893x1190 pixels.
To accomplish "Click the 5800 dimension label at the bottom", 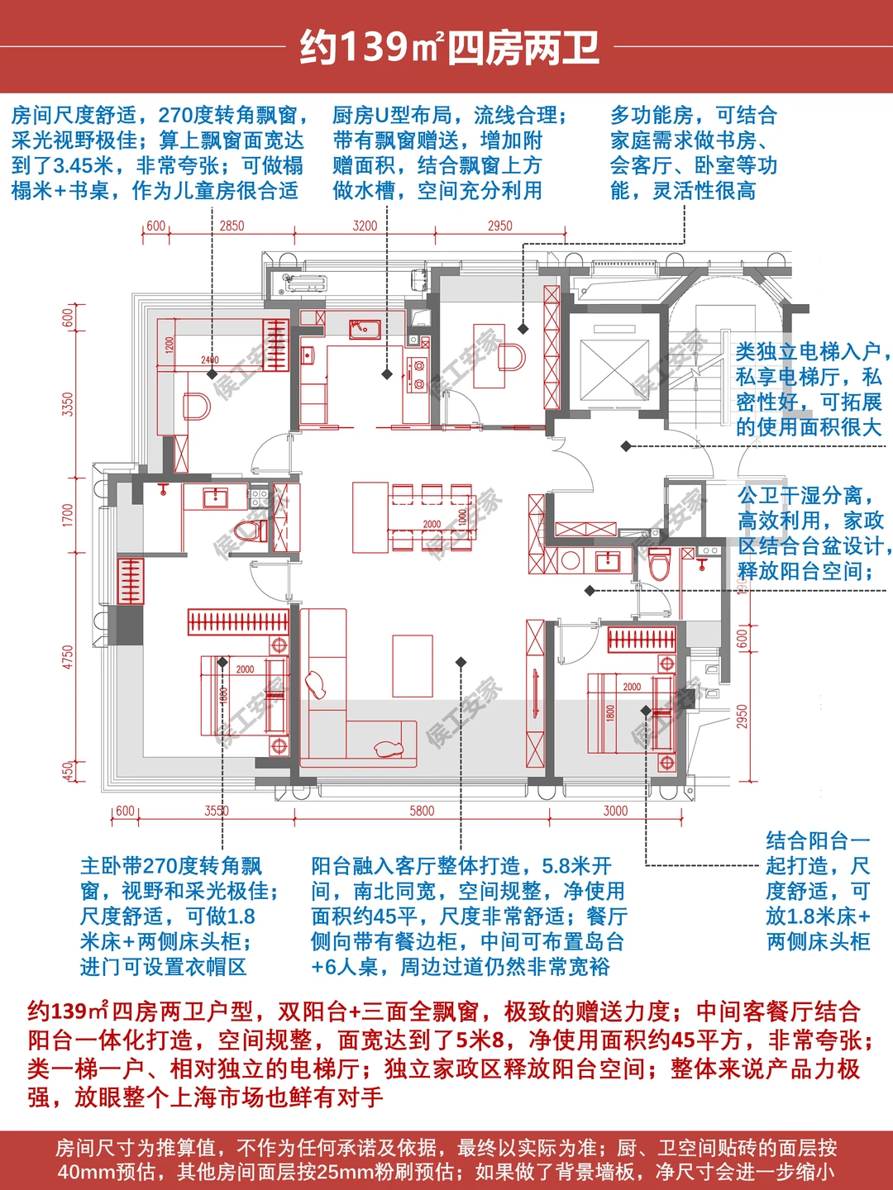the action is [422, 811].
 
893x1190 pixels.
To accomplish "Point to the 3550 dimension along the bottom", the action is [217, 811].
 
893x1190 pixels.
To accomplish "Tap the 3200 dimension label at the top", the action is [365, 226].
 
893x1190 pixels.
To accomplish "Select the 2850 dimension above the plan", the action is [232, 226].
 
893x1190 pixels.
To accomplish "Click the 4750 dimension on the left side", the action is [68, 657].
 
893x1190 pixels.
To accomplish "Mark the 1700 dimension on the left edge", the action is [68, 515].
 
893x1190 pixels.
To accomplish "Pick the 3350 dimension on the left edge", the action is [68, 404].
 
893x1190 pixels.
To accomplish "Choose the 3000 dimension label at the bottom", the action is [615, 811].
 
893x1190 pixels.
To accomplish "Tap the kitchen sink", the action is [364, 329].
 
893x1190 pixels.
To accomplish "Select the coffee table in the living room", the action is [413, 666].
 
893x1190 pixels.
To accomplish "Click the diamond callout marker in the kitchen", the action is [387, 374].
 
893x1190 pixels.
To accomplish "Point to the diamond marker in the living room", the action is [461, 662].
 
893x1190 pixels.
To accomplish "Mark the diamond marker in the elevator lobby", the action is [626, 446].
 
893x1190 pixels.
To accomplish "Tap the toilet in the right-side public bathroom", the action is [660, 564].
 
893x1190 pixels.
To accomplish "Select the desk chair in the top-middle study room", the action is [512, 358].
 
